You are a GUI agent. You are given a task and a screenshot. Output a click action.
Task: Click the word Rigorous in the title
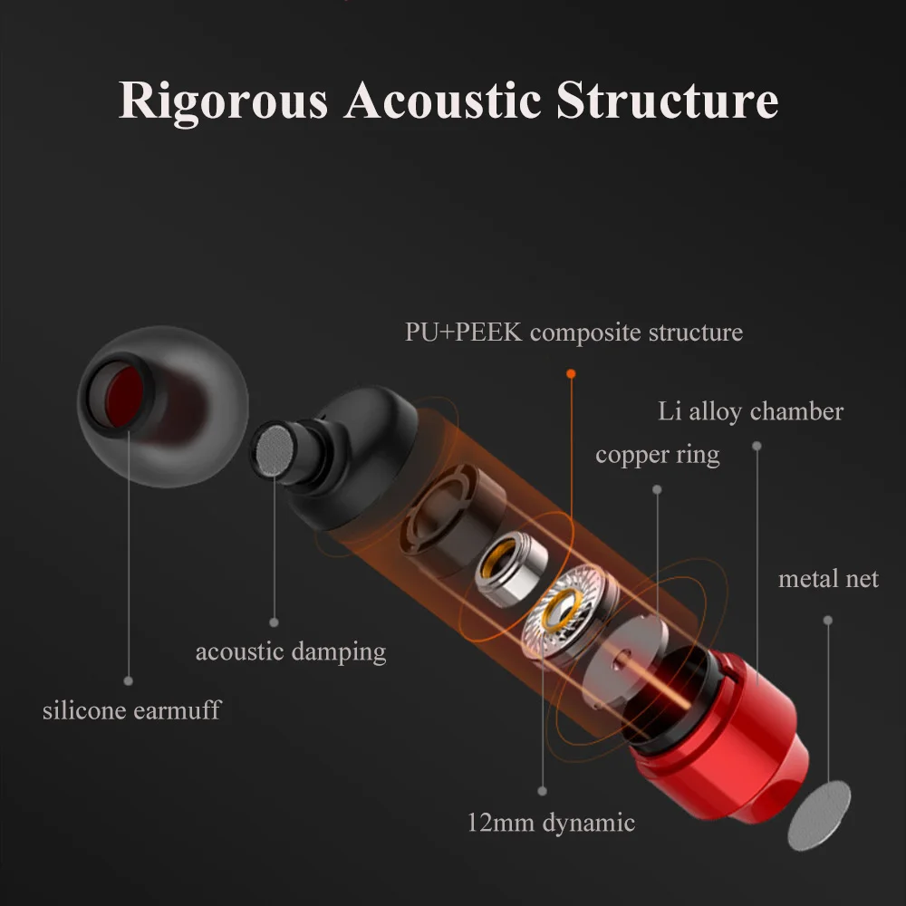point(223,101)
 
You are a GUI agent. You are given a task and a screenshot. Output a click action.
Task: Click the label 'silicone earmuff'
point(131,710)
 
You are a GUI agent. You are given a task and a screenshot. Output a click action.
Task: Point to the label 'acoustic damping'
point(291,652)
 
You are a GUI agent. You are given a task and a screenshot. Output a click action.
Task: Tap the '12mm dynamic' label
point(551,823)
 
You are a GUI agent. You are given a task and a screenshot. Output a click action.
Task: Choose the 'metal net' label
point(828,579)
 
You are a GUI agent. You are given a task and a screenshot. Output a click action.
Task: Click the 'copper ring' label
point(658,456)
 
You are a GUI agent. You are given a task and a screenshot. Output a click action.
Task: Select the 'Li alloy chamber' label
point(750,412)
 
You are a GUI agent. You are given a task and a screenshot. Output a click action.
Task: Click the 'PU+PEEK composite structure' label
point(573,333)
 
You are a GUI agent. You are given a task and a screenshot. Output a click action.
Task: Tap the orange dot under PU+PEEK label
point(571,374)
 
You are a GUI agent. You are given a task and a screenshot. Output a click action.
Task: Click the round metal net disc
point(819,815)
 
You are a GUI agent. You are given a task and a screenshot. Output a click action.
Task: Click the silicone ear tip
point(163,406)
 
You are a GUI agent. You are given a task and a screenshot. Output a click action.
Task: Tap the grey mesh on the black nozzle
point(275,450)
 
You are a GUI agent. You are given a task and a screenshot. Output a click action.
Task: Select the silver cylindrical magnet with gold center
point(511,569)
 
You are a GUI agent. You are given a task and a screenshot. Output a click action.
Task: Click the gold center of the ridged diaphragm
point(562,611)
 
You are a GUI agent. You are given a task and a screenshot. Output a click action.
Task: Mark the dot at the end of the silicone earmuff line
point(129,681)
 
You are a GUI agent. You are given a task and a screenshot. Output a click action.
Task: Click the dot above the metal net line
point(828,620)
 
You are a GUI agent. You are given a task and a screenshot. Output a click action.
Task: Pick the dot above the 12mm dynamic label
point(542,791)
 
